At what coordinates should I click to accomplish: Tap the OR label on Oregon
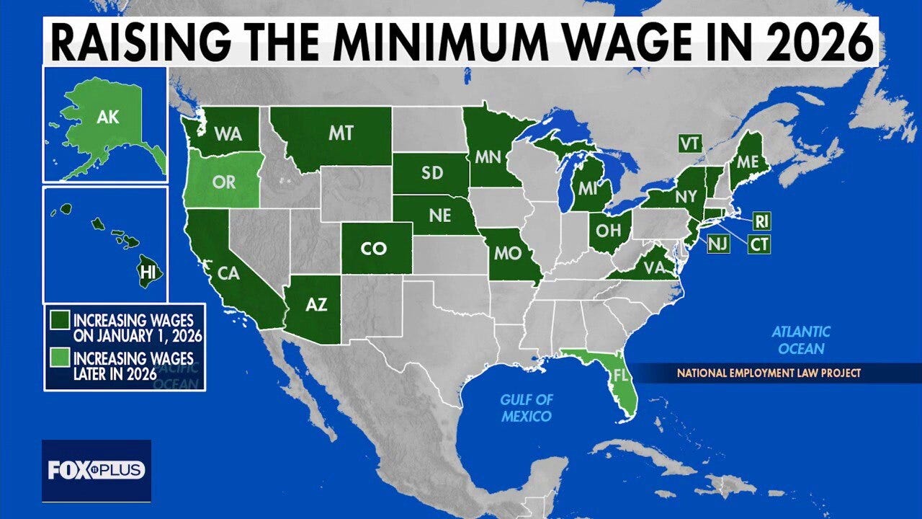(x=224, y=182)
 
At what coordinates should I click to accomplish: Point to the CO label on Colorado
(x=374, y=249)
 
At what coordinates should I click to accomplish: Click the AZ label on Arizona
(x=317, y=305)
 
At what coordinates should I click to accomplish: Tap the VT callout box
(x=689, y=143)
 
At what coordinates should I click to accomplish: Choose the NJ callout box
(x=717, y=244)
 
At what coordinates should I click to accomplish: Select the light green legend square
(x=56, y=358)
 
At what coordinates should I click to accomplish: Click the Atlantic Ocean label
(x=801, y=340)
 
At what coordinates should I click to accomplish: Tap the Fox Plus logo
(x=97, y=471)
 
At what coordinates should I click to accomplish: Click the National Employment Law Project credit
(x=768, y=373)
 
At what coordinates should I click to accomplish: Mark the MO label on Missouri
(x=509, y=254)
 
